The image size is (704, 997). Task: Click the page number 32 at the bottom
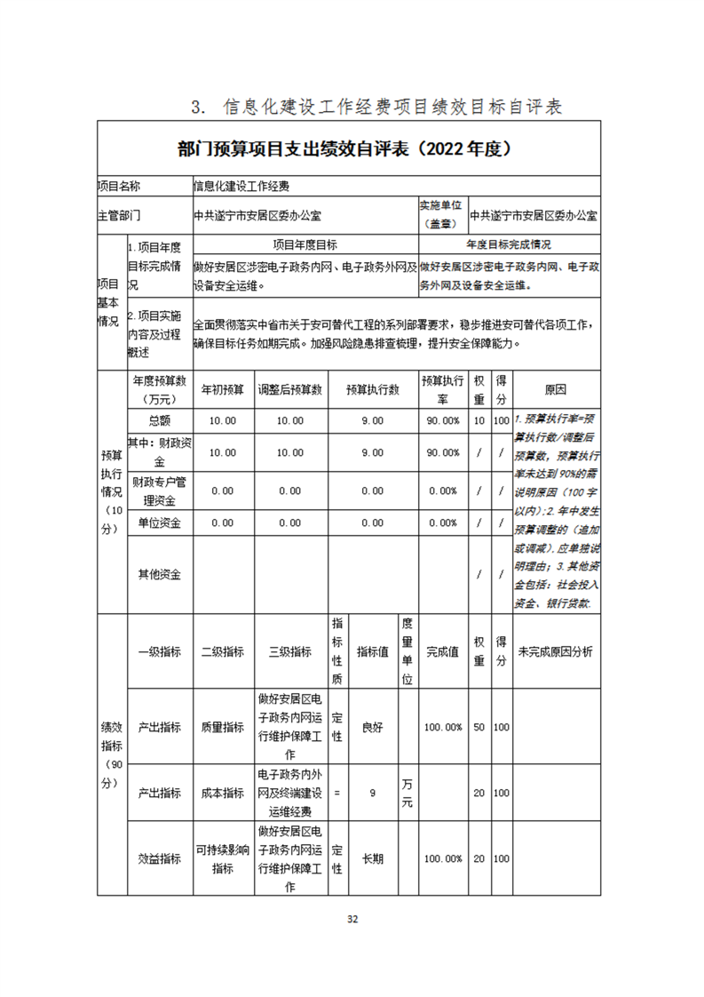pos(352,919)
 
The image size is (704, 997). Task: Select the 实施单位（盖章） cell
pos(442,214)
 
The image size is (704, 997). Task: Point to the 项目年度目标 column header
pos(305,244)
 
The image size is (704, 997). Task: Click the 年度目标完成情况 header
pos(509,244)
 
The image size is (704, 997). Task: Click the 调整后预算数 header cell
pos(290,389)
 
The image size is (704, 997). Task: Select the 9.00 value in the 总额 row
pos(373,420)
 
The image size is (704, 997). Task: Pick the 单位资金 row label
pos(160,522)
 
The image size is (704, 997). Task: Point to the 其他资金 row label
pos(160,574)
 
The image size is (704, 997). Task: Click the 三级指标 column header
pos(290,651)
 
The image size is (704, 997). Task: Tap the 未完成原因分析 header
pos(556,651)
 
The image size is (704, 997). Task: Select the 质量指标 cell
pos(222,727)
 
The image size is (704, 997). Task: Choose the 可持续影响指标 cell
pos(222,859)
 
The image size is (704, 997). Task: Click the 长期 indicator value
pos(373,859)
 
